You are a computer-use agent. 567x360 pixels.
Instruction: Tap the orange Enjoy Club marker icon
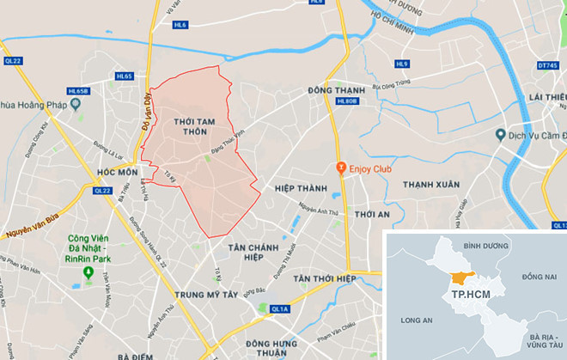[342, 168]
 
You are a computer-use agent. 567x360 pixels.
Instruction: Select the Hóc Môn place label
[118, 172]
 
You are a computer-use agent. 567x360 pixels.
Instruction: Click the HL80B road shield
[347, 101]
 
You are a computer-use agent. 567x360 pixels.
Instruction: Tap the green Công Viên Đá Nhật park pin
[87, 272]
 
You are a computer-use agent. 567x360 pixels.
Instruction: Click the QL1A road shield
[280, 308]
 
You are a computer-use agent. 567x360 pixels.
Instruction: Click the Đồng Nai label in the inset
[539, 275]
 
